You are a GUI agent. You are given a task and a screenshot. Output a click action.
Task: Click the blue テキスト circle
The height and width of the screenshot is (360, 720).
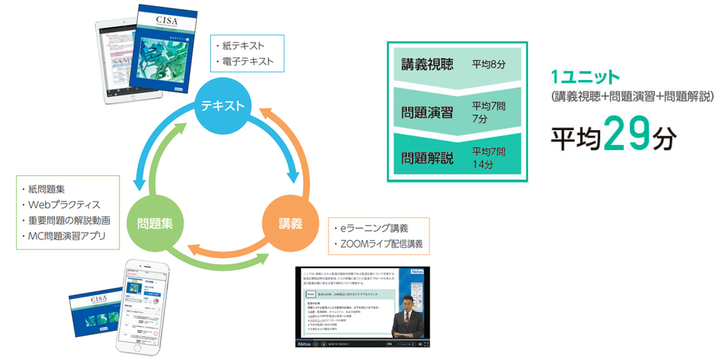(222, 105)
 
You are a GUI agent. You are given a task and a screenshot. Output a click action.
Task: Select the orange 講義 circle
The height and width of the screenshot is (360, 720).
(291, 222)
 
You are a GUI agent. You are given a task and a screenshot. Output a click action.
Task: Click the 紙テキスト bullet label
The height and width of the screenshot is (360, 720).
(243, 46)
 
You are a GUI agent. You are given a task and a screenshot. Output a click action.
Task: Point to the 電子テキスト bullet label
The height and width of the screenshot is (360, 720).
(247, 62)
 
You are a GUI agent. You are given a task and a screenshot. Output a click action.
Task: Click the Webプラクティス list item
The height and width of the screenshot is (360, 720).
(64, 205)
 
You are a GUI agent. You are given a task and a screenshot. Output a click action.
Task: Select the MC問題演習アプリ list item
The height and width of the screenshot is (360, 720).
(67, 236)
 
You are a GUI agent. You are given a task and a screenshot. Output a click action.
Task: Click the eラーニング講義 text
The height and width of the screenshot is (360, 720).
(372, 228)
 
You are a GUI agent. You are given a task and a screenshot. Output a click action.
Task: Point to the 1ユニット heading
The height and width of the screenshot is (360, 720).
(584, 77)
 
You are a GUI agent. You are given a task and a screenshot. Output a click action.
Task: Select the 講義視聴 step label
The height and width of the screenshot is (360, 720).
(427, 64)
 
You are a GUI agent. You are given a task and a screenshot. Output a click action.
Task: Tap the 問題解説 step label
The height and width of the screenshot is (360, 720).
(427, 157)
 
